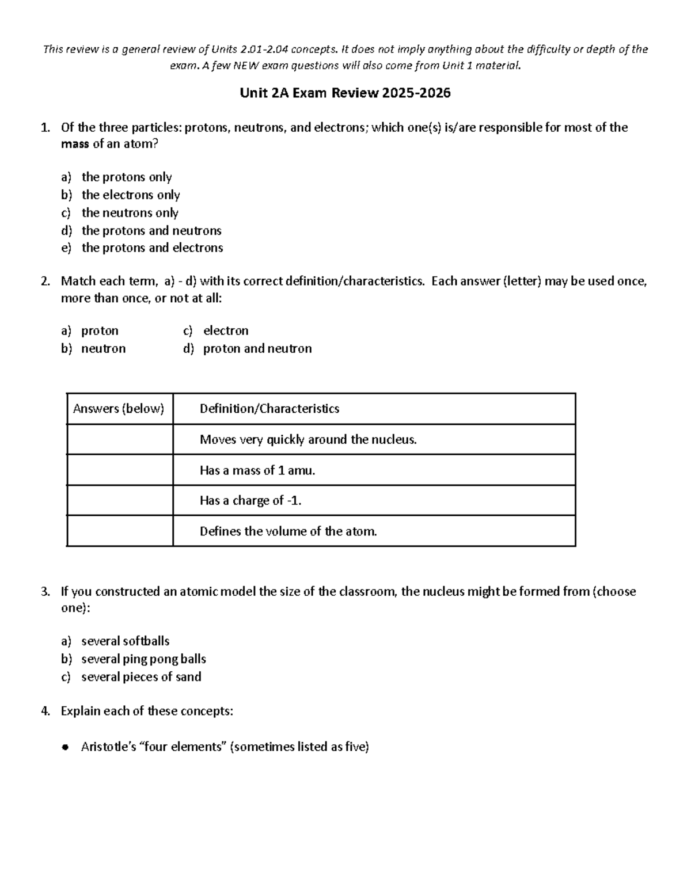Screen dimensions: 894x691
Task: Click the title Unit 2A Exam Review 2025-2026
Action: point(345,93)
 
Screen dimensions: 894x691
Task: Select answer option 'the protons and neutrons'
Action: point(151,231)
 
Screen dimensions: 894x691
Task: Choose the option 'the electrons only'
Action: point(131,195)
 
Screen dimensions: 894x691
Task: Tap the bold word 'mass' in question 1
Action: point(75,144)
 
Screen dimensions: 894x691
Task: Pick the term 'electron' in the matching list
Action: point(226,331)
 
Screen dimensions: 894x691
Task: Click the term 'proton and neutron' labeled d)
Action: point(257,349)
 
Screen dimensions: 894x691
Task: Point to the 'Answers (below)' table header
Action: point(119,409)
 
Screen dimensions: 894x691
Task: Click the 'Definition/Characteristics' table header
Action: point(269,409)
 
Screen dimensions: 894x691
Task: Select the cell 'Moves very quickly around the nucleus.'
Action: point(308,440)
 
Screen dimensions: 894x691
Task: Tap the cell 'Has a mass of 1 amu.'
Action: point(257,470)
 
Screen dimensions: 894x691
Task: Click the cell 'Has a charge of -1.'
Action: point(250,501)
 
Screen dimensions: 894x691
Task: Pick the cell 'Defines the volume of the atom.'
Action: point(288,531)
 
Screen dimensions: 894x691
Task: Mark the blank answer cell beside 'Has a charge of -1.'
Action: point(120,501)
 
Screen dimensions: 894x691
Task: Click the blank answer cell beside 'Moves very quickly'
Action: point(120,440)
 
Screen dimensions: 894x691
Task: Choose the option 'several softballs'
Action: point(126,641)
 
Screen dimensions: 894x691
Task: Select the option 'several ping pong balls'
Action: point(143,659)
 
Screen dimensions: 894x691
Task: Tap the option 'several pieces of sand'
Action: point(141,677)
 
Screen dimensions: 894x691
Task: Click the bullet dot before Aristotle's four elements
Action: point(65,748)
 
